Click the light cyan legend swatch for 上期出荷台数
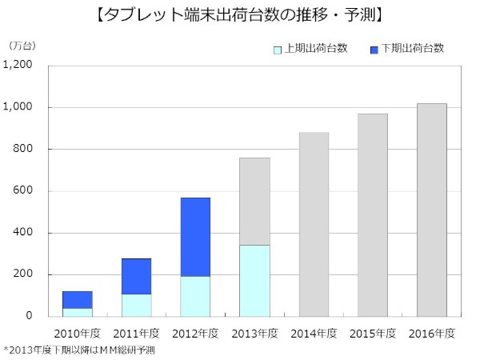278,49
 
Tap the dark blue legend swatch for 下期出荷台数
375,49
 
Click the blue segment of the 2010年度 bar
77,299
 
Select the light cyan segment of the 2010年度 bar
77,312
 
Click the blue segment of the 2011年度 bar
136,276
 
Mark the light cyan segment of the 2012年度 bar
195,296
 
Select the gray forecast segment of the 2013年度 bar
254,201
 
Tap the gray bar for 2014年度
314,224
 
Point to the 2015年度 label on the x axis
373,332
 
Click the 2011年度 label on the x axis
136,332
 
